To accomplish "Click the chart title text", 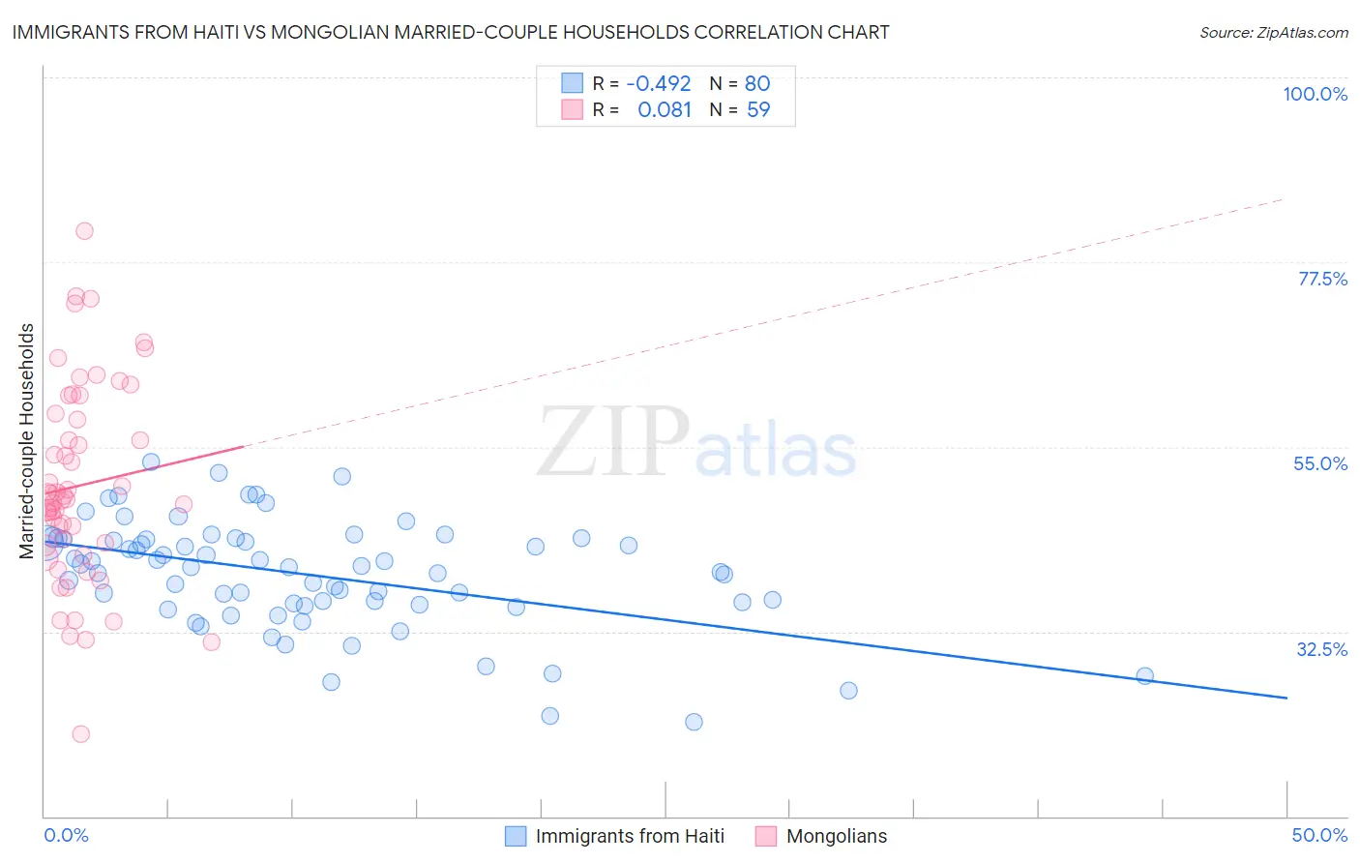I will tap(451, 32).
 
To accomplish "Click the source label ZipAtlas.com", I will tap(1273, 32).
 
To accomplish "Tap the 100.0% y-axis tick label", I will tap(1315, 94).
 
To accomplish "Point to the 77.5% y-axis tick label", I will tap(1322, 279).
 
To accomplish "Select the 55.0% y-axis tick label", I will tap(1320, 463).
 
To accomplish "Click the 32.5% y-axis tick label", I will tap(1321, 649).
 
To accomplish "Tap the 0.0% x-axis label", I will tap(66, 835).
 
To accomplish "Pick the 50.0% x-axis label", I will tap(1319, 835).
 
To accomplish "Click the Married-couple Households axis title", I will tap(27, 441).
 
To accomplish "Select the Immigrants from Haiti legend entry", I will tap(630, 836).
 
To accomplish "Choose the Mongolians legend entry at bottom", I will tap(837, 836).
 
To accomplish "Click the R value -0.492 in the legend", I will tap(659, 83).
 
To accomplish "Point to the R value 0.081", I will tap(665, 110).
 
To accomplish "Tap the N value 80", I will tap(757, 83).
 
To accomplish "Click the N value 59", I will tap(758, 110).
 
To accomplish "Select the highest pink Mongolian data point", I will tap(84, 231).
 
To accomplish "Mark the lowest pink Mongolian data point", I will tap(81, 734).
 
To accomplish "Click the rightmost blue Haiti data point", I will tap(1144, 676).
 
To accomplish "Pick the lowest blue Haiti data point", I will tap(694, 722).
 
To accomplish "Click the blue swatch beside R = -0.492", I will tap(573, 83).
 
